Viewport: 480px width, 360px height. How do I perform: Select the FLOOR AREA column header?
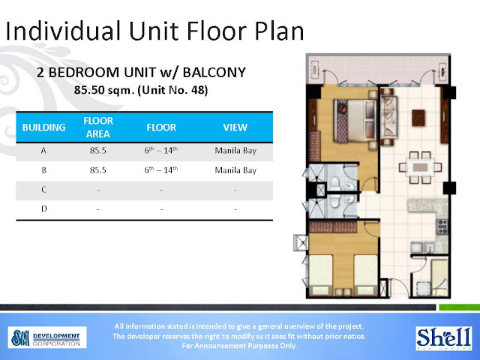(97, 127)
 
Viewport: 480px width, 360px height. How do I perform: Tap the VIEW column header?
(235, 127)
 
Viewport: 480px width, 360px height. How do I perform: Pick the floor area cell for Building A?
(97, 151)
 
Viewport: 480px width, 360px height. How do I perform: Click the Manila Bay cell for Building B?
(235, 170)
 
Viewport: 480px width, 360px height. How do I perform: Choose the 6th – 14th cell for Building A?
(160, 151)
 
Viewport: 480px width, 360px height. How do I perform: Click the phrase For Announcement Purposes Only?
(240, 346)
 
